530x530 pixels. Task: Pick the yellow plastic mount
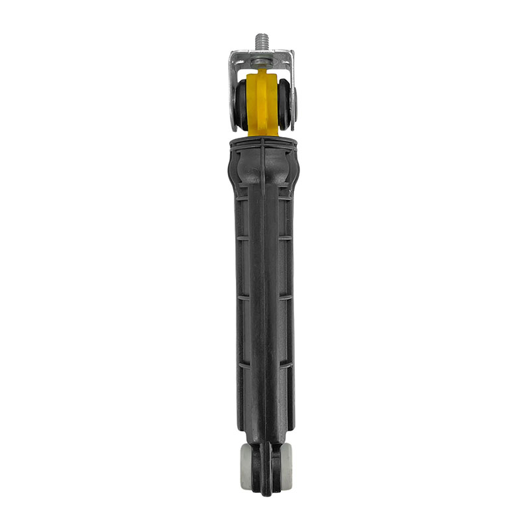(x=263, y=103)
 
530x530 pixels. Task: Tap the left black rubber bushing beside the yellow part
(x=241, y=105)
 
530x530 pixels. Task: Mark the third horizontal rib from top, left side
(x=243, y=297)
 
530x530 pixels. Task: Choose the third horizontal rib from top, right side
(x=285, y=297)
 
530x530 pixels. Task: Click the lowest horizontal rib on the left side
(x=244, y=364)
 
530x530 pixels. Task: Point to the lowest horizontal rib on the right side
(x=285, y=364)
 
